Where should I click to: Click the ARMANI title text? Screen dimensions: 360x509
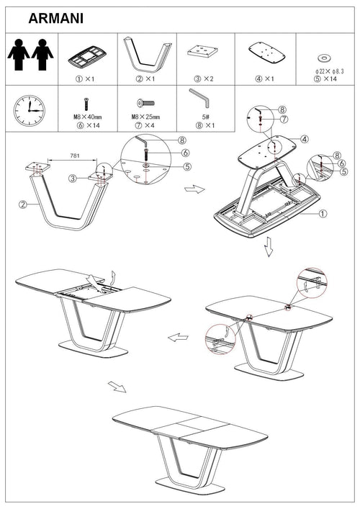coord(56,18)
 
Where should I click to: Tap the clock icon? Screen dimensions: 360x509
coord(30,110)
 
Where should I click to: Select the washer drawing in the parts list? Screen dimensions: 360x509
coord(324,58)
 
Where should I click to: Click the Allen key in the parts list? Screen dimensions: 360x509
coord(199,97)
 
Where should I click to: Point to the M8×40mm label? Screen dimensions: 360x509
coord(87,117)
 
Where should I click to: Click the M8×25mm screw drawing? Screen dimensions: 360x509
coord(145,104)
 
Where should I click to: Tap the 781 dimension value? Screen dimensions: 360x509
coord(75,156)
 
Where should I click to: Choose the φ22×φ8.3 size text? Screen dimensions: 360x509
coord(329,71)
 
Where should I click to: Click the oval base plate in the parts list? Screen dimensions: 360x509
coord(267,53)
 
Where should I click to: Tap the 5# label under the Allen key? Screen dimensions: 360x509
coord(205,117)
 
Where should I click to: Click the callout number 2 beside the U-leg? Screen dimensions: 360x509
coord(23,204)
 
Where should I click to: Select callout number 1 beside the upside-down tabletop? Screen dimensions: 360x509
coord(323,214)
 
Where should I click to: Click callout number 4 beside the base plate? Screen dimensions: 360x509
coord(304,139)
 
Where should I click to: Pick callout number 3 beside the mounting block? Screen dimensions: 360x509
coord(73,179)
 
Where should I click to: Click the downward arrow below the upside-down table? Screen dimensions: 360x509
coord(269,246)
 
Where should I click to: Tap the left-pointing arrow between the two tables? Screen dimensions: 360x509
coord(178,337)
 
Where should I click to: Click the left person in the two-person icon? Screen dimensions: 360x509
coord(19,55)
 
